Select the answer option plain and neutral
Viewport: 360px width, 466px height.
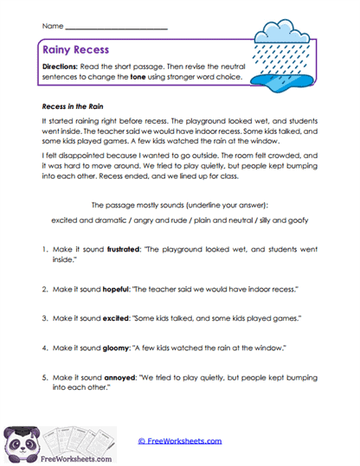233,220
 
